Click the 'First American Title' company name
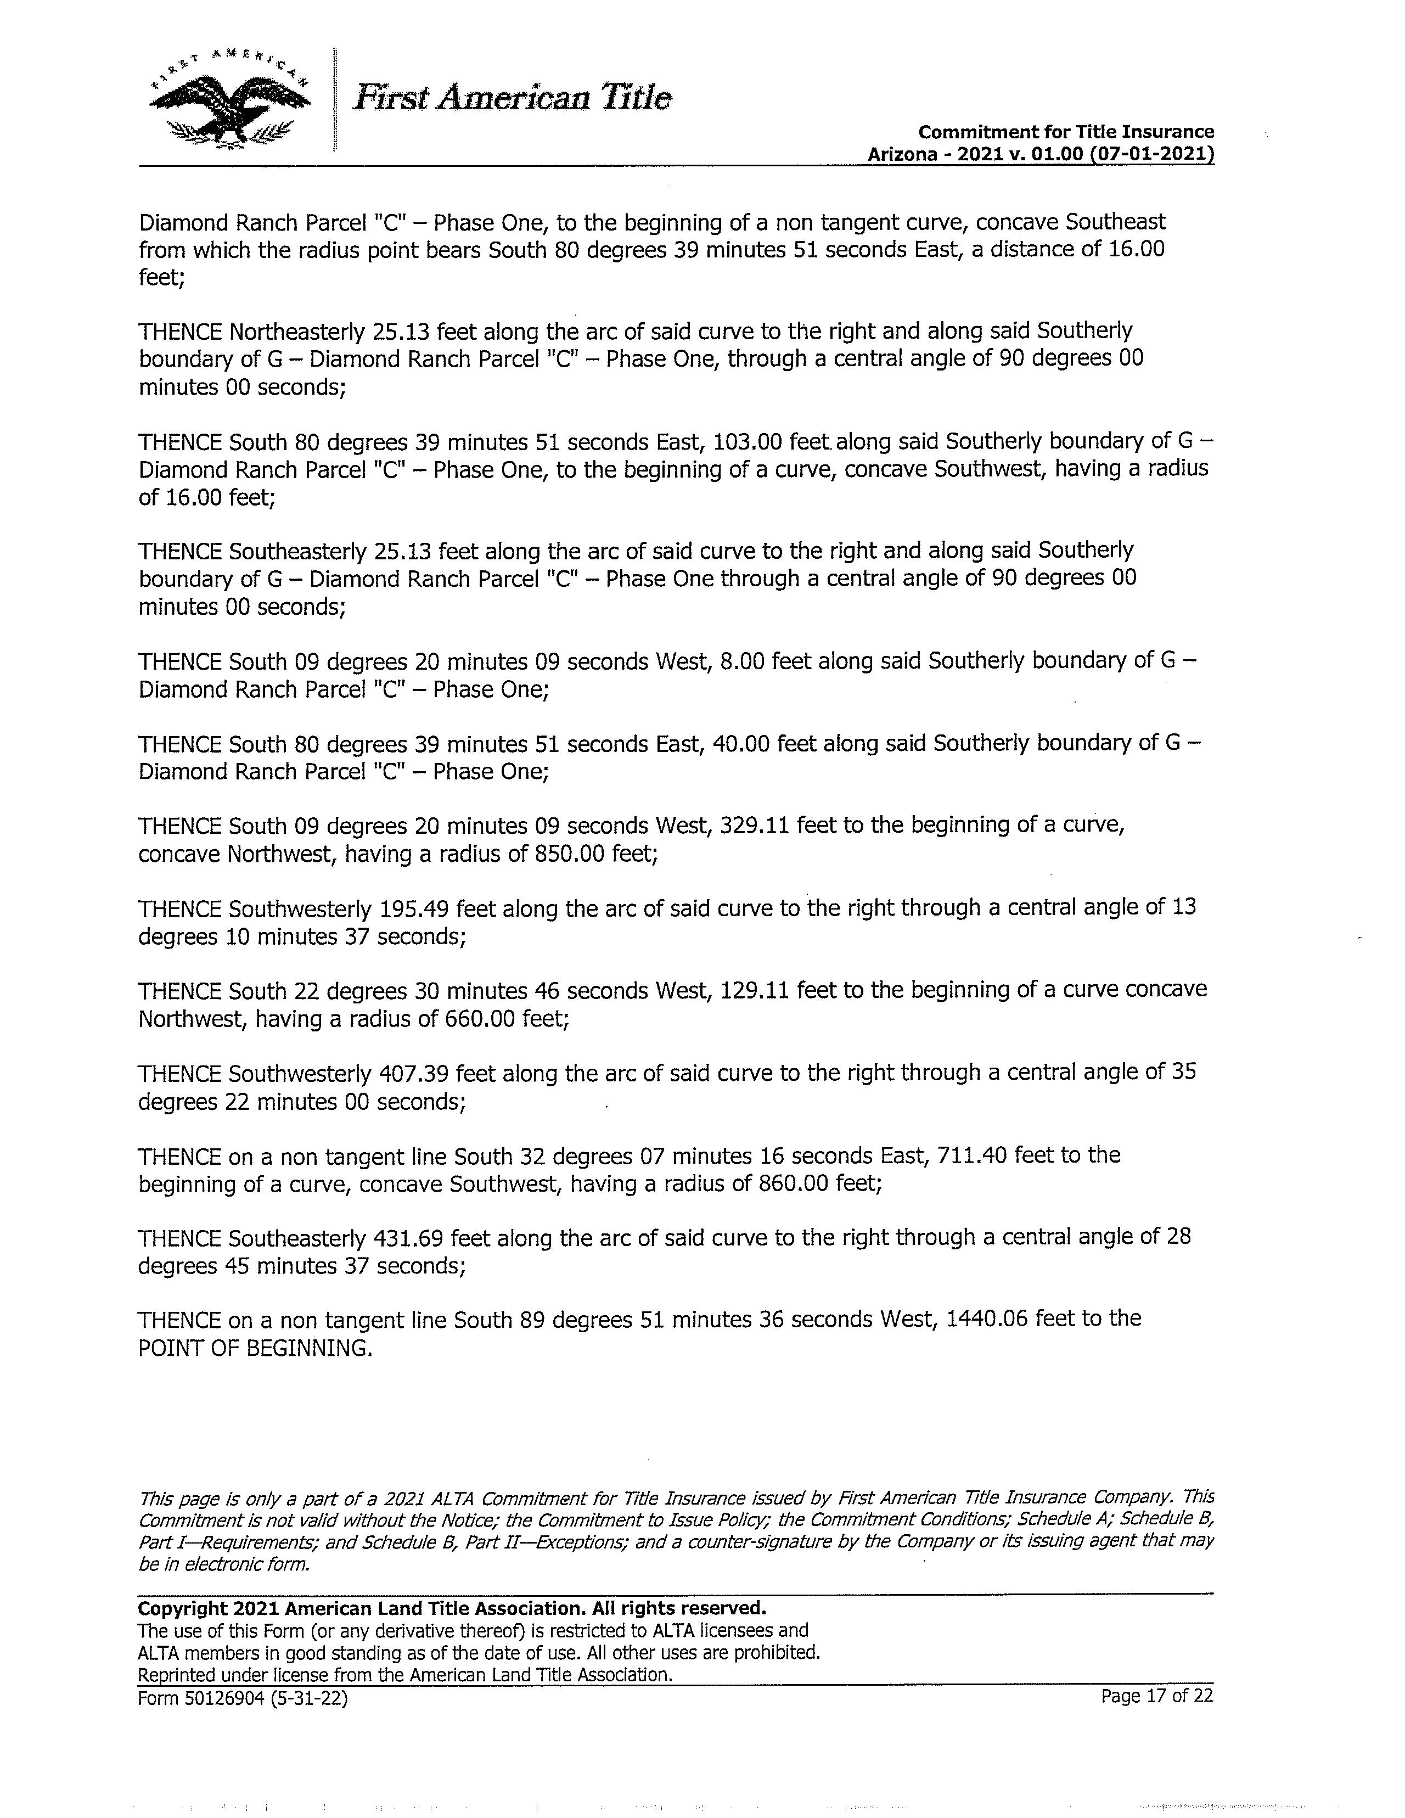512,98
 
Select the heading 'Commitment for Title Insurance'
1065,132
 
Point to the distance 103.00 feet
767,441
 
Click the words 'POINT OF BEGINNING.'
255,1348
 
